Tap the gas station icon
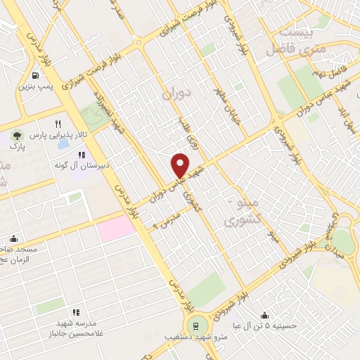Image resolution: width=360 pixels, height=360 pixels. click(34, 75)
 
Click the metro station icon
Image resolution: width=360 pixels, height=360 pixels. click(193, 325)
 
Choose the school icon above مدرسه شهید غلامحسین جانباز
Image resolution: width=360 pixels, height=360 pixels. click(75, 312)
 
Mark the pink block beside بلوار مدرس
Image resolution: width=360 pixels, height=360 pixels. click(116, 228)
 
